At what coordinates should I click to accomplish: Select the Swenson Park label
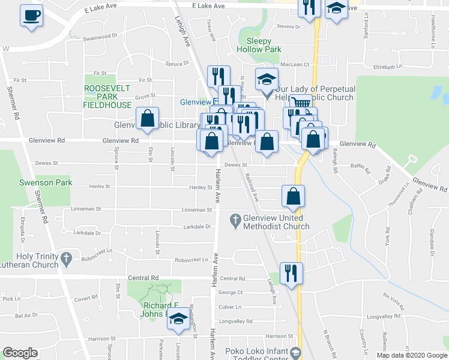tap(46, 182)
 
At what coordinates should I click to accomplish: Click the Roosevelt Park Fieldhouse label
tap(107, 96)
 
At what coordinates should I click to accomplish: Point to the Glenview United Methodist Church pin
tap(236, 221)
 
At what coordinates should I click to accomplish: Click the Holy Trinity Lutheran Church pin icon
tap(67, 260)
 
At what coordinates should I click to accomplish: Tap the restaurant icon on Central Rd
tap(292, 273)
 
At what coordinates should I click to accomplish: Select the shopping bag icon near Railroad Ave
tap(293, 196)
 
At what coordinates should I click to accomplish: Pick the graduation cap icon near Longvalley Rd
tap(178, 320)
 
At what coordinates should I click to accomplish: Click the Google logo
tap(20, 353)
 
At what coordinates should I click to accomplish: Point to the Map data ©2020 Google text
tap(411, 355)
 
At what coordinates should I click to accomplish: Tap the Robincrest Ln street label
tap(194, 260)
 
